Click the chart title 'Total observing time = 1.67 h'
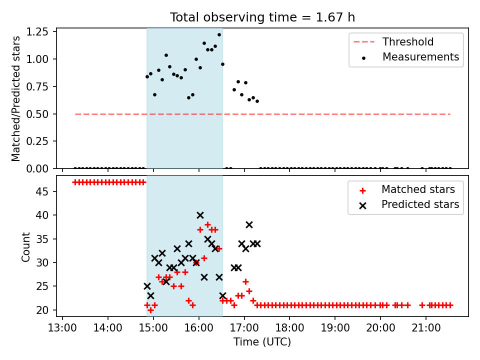tap(262, 17)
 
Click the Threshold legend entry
tap(393, 41)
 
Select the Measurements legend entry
tap(410, 57)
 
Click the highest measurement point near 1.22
tap(219, 35)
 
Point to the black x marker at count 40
tap(200, 215)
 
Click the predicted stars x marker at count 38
tap(249, 225)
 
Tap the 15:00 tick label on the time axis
tap(153, 328)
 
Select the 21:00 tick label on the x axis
tap(426, 328)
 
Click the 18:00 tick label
tap(289, 328)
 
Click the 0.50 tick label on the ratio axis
tap(37, 114)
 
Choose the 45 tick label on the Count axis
tap(42, 191)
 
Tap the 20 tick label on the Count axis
tap(42, 310)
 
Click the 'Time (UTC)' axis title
tap(262, 342)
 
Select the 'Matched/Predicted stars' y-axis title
tap(15, 98)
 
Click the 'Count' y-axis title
tap(25, 246)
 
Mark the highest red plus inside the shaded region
tap(208, 225)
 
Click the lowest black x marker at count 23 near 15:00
tap(150, 295)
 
